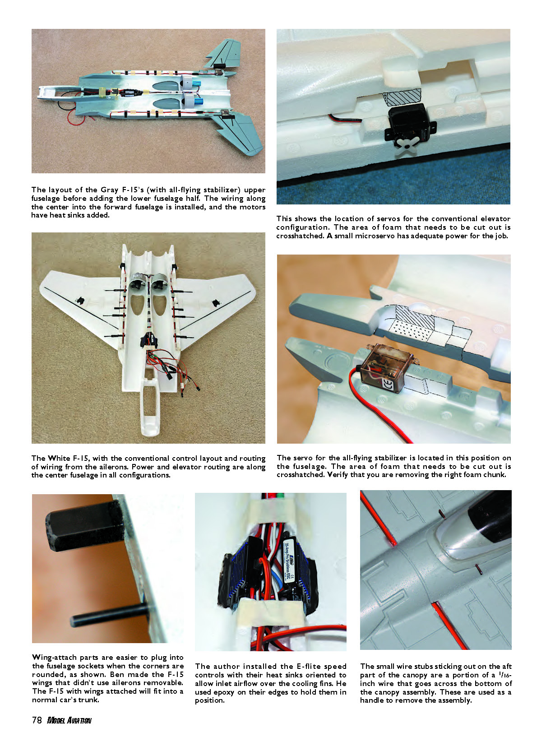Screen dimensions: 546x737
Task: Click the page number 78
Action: (37, 720)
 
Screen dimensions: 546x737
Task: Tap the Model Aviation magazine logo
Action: (69, 720)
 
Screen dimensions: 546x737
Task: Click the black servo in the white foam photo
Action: (410, 123)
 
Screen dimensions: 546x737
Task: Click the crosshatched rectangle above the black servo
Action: (402, 97)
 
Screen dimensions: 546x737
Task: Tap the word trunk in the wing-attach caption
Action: (90, 700)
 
